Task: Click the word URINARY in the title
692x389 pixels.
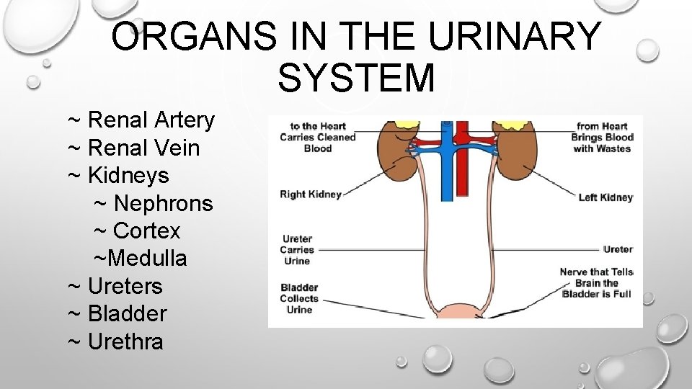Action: coord(515,37)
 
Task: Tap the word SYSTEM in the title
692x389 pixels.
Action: coord(356,78)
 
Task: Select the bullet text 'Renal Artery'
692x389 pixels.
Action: coord(151,120)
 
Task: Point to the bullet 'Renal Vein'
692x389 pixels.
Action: coord(143,148)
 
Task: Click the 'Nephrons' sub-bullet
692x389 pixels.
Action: coord(163,203)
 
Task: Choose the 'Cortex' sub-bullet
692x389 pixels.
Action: coord(146,231)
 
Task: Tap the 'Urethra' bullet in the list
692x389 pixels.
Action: coord(125,341)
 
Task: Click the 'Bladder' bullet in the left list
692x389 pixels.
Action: coord(126,313)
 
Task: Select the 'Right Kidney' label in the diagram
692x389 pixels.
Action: coord(311,194)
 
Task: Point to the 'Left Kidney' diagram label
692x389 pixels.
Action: coord(605,197)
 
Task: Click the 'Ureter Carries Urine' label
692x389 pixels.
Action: coord(297,250)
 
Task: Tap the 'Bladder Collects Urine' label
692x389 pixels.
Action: coord(299,298)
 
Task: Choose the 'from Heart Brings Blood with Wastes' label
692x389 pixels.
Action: coord(602,137)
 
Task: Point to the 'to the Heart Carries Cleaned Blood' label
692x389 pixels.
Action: coord(318,137)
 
